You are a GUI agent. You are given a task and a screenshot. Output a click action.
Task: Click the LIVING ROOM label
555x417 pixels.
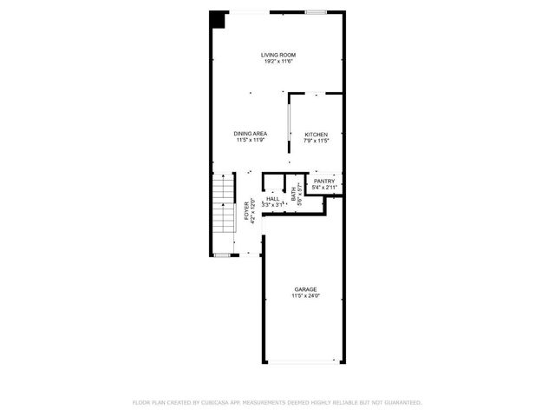(278, 56)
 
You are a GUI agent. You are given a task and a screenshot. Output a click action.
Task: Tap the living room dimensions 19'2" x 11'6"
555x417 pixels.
(278, 62)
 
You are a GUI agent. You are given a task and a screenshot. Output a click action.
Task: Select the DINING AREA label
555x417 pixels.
(250, 133)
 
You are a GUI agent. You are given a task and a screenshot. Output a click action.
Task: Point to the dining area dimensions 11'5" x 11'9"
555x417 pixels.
(250, 139)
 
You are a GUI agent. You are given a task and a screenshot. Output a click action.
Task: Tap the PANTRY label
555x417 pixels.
(324, 181)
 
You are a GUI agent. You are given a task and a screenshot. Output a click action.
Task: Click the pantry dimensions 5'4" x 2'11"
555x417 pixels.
(324, 187)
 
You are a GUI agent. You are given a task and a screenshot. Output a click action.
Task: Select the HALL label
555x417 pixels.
(273, 199)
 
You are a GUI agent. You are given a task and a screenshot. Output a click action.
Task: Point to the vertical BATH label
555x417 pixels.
(294, 196)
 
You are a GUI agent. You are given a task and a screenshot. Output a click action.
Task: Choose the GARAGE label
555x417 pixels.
(305, 289)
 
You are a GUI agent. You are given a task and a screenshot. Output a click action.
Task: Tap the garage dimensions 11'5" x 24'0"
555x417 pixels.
(305, 295)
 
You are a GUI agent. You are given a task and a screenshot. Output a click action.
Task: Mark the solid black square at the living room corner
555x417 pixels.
(217, 19)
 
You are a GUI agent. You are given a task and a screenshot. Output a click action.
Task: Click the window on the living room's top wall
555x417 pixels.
(316, 11)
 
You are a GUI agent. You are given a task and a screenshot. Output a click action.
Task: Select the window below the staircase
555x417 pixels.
(223, 255)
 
